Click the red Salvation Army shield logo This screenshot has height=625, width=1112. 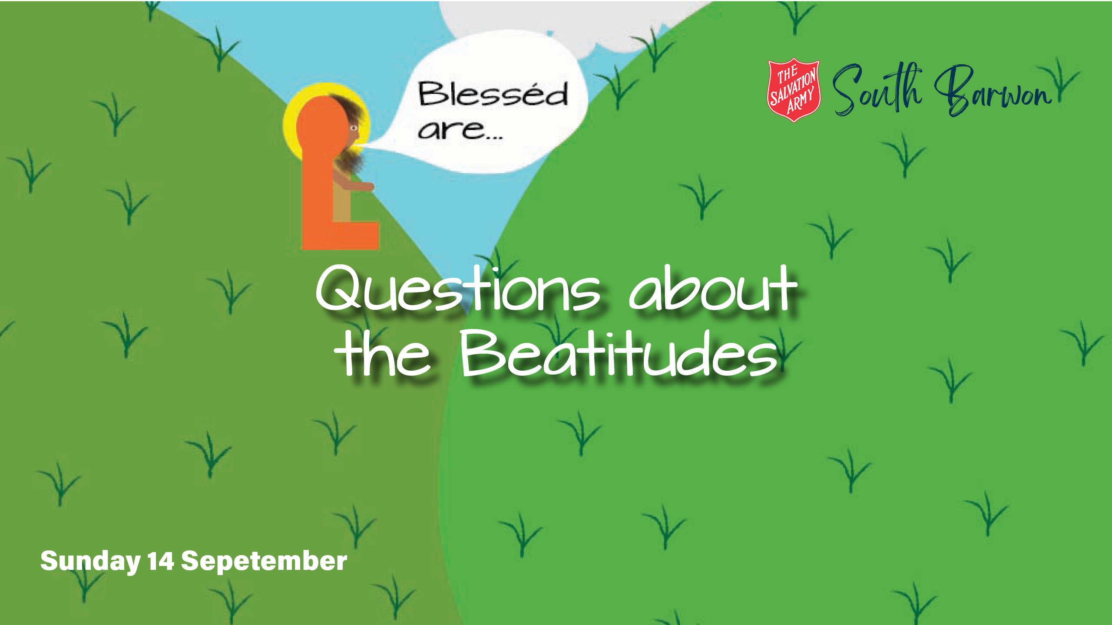pyautogui.click(x=794, y=90)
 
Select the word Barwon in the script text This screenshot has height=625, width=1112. pyautogui.click(x=995, y=91)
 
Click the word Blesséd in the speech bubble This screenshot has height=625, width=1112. pyautogui.click(x=493, y=93)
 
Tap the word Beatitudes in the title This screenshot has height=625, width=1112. pyautogui.click(x=619, y=352)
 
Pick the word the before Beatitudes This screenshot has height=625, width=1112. pyautogui.click(x=382, y=352)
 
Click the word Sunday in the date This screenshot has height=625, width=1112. pyautogui.click(x=90, y=562)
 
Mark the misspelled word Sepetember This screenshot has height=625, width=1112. pyautogui.click(x=264, y=562)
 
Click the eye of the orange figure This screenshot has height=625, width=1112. pyautogui.click(x=354, y=128)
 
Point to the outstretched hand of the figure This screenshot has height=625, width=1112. pyautogui.click(x=367, y=187)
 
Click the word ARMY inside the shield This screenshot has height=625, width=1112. pyautogui.click(x=800, y=101)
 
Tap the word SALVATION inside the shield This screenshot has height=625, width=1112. pyautogui.click(x=793, y=88)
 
